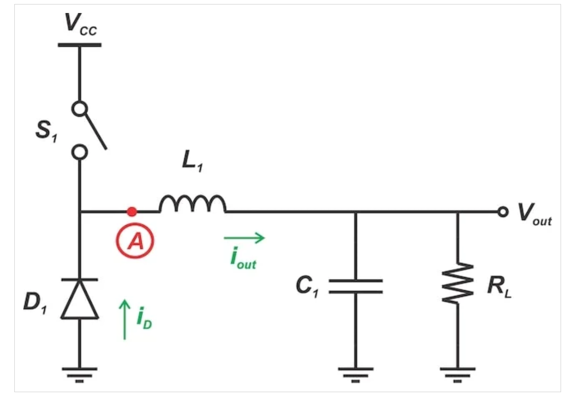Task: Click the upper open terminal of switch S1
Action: pyautogui.click(x=80, y=109)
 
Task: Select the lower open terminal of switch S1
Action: pyautogui.click(x=80, y=152)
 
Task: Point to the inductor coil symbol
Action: pyautogui.click(x=193, y=203)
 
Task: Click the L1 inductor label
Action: pyautogui.click(x=193, y=161)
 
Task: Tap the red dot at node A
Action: pyautogui.click(x=132, y=212)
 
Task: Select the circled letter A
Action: pyautogui.click(x=135, y=241)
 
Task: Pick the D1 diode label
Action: pyautogui.click(x=35, y=303)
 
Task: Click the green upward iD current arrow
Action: pyautogui.click(x=125, y=319)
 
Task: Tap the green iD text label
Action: pyautogui.click(x=144, y=318)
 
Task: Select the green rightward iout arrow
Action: pyautogui.click(x=245, y=238)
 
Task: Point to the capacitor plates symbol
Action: pyautogui.click(x=356, y=286)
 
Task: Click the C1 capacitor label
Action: pyautogui.click(x=307, y=286)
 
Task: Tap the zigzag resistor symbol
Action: pyautogui.click(x=458, y=283)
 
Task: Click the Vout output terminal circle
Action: pyautogui.click(x=503, y=212)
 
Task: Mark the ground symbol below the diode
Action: pyautogui.click(x=80, y=375)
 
